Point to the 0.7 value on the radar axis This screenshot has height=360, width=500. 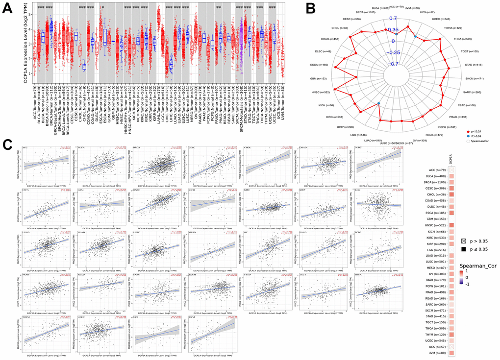[393, 18]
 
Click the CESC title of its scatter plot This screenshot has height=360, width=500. [192, 147]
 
